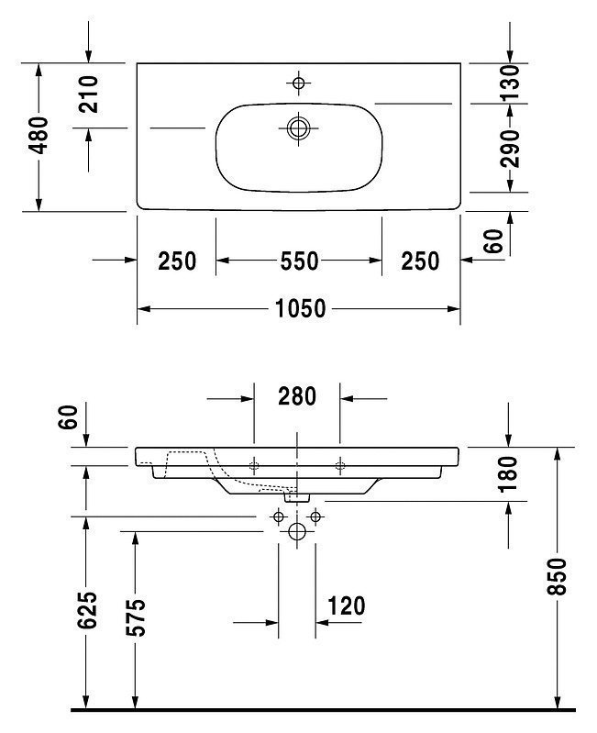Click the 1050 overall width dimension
[x=301, y=308]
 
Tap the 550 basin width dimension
[x=300, y=261]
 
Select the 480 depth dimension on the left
[x=39, y=135]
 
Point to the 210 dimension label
[x=88, y=94]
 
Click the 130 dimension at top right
[x=509, y=83]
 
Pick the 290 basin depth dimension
[x=509, y=149]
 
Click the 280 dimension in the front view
[x=297, y=396]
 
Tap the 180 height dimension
[x=508, y=474]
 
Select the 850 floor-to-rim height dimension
[x=557, y=576]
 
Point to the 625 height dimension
[x=87, y=610]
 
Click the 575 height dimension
[x=136, y=617]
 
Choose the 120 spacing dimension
[x=346, y=606]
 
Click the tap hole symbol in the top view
[x=299, y=83]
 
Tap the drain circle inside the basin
[x=299, y=128]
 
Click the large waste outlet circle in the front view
[x=297, y=531]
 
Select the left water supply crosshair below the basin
[x=279, y=516]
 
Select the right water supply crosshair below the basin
[x=315, y=516]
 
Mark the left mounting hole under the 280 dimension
[x=254, y=466]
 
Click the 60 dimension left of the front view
[x=68, y=417]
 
